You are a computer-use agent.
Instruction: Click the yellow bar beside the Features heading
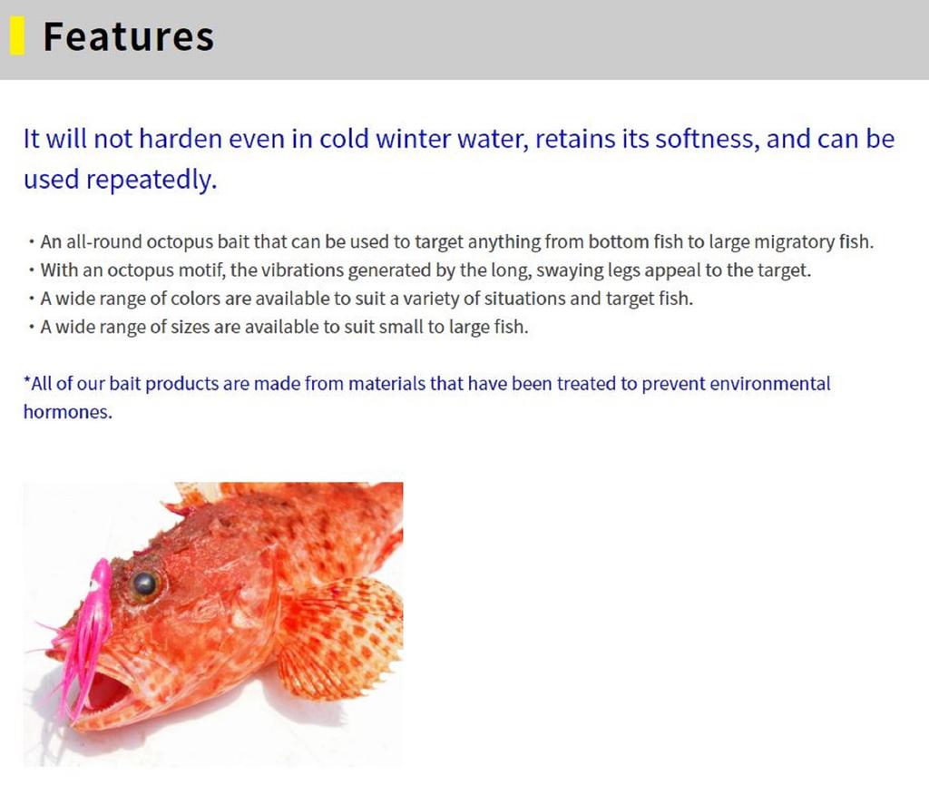18,35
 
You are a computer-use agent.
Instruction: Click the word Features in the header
129,36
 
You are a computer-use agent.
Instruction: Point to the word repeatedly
152,180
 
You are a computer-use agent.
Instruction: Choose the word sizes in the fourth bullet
190,327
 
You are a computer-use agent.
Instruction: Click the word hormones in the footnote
67,412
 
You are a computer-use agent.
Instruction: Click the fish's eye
145,584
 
